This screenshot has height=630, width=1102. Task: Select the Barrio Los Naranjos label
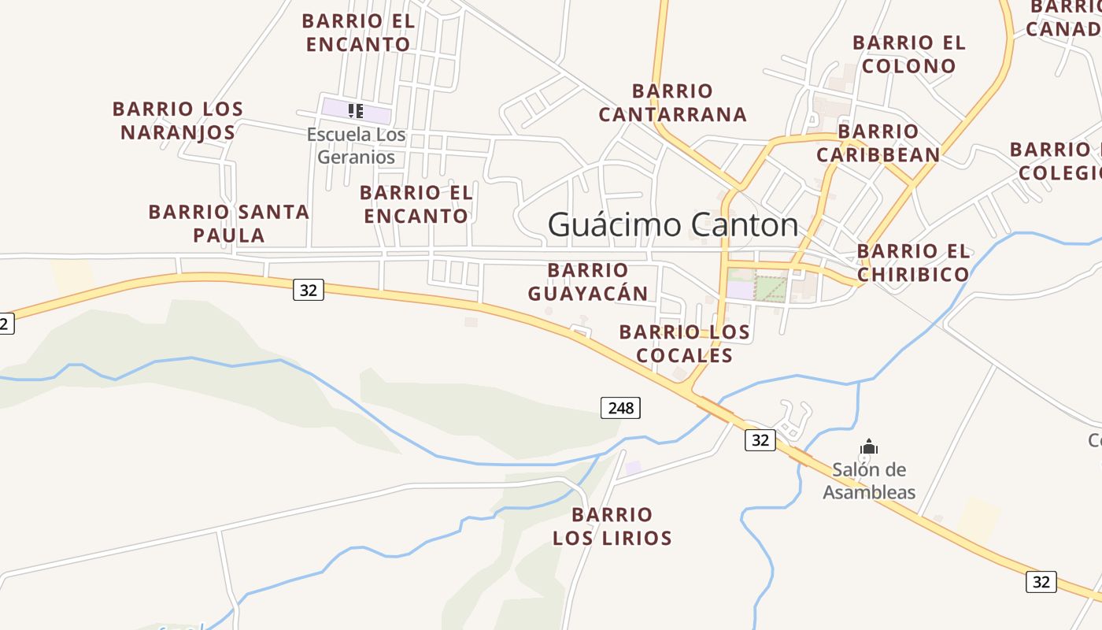[178, 120]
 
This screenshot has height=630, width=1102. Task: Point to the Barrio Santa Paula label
[229, 223]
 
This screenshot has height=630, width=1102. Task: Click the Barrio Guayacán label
[588, 282]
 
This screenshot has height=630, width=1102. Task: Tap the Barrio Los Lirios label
[612, 526]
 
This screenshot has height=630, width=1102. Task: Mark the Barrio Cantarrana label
[672, 102]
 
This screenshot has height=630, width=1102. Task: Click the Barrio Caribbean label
[878, 143]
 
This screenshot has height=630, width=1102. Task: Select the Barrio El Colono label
[909, 54]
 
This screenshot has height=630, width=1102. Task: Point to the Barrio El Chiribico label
[913, 262]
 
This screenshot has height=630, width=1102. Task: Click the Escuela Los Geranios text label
[357, 146]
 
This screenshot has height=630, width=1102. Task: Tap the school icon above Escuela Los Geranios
[356, 110]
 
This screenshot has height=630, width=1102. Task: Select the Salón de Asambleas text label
[869, 481]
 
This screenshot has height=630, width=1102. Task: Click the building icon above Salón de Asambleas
[869, 447]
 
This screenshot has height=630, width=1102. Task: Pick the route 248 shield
[620, 407]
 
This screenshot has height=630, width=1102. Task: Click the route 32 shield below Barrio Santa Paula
[308, 290]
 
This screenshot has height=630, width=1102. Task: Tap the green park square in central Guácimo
[771, 287]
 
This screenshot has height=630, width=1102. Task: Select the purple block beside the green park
[740, 289]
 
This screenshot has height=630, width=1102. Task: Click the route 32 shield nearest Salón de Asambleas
[760, 440]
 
